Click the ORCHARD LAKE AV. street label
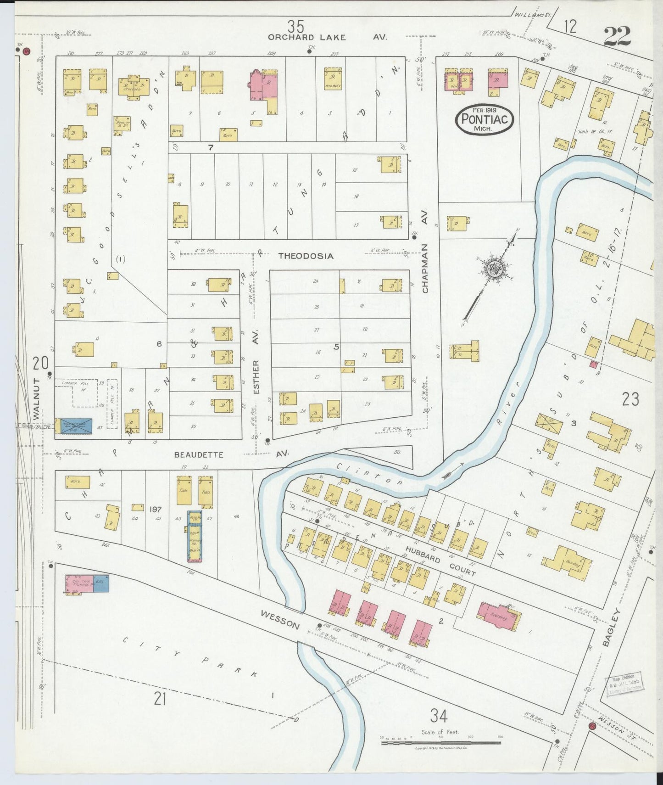328,37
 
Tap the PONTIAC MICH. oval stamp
484,119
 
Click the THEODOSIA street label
306,256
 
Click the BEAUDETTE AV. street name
231,454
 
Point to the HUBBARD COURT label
440,560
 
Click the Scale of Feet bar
440,742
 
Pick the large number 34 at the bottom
439,715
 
